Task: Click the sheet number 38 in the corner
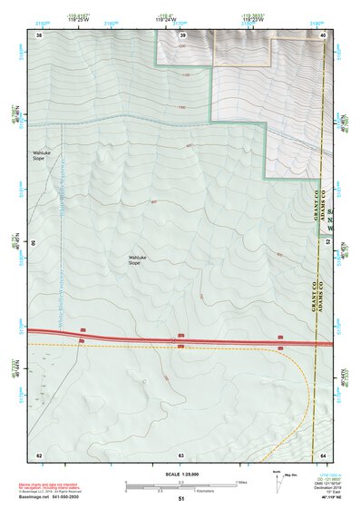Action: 39,34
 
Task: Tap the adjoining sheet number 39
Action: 181,34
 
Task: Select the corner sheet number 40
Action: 323,34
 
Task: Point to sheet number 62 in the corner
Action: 39,454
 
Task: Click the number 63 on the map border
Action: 180,454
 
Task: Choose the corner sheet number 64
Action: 323,454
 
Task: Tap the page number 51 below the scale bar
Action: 181,499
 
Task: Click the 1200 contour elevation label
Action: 181,44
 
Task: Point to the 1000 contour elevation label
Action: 181,106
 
